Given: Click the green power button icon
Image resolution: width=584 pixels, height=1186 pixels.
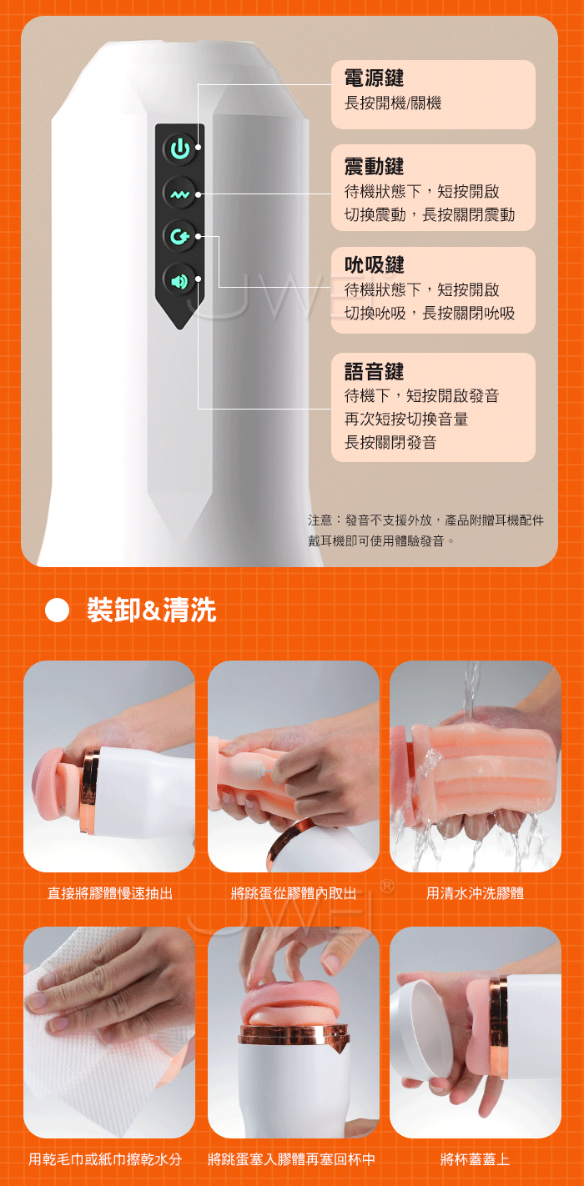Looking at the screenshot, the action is pyautogui.click(x=180, y=148).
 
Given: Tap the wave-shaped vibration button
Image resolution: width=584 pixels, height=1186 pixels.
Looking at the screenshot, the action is pyautogui.click(x=180, y=194).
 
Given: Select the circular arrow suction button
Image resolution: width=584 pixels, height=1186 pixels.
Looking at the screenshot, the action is pyautogui.click(x=180, y=236).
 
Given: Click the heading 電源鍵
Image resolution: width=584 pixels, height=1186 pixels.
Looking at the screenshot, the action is pyautogui.click(x=374, y=78).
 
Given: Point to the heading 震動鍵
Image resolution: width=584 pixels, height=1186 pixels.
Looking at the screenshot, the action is pyautogui.click(x=374, y=166).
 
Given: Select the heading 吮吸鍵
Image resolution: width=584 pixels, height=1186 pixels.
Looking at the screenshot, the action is pyautogui.click(x=374, y=264).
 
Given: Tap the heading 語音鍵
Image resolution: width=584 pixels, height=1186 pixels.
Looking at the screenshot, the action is pyautogui.click(x=374, y=371).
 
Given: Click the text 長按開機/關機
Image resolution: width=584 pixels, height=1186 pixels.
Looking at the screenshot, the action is pyautogui.click(x=392, y=103).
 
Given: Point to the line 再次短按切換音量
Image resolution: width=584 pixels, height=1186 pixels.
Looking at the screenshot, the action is pyautogui.click(x=406, y=419).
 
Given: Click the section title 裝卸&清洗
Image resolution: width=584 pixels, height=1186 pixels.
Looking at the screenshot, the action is pyautogui.click(x=152, y=610).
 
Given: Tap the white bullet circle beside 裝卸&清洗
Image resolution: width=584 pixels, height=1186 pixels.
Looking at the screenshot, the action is pyautogui.click(x=58, y=610).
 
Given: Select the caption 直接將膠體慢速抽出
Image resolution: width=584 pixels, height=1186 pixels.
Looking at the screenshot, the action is pyautogui.click(x=110, y=894).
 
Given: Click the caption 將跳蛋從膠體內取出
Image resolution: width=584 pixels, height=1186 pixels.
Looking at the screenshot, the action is pyautogui.click(x=294, y=894).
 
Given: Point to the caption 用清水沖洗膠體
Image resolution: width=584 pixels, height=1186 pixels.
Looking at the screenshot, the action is pyautogui.click(x=475, y=894).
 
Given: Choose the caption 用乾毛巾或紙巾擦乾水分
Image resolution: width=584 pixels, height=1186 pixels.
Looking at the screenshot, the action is pyautogui.click(x=105, y=1159).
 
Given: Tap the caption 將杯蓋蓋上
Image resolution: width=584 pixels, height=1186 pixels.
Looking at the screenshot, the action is pyautogui.click(x=475, y=1159).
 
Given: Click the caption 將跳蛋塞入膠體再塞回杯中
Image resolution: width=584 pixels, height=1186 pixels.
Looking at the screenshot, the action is pyautogui.click(x=291, y=1159).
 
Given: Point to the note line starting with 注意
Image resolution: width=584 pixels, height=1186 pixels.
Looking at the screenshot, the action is pyautogui.click(x=425, y=520).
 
